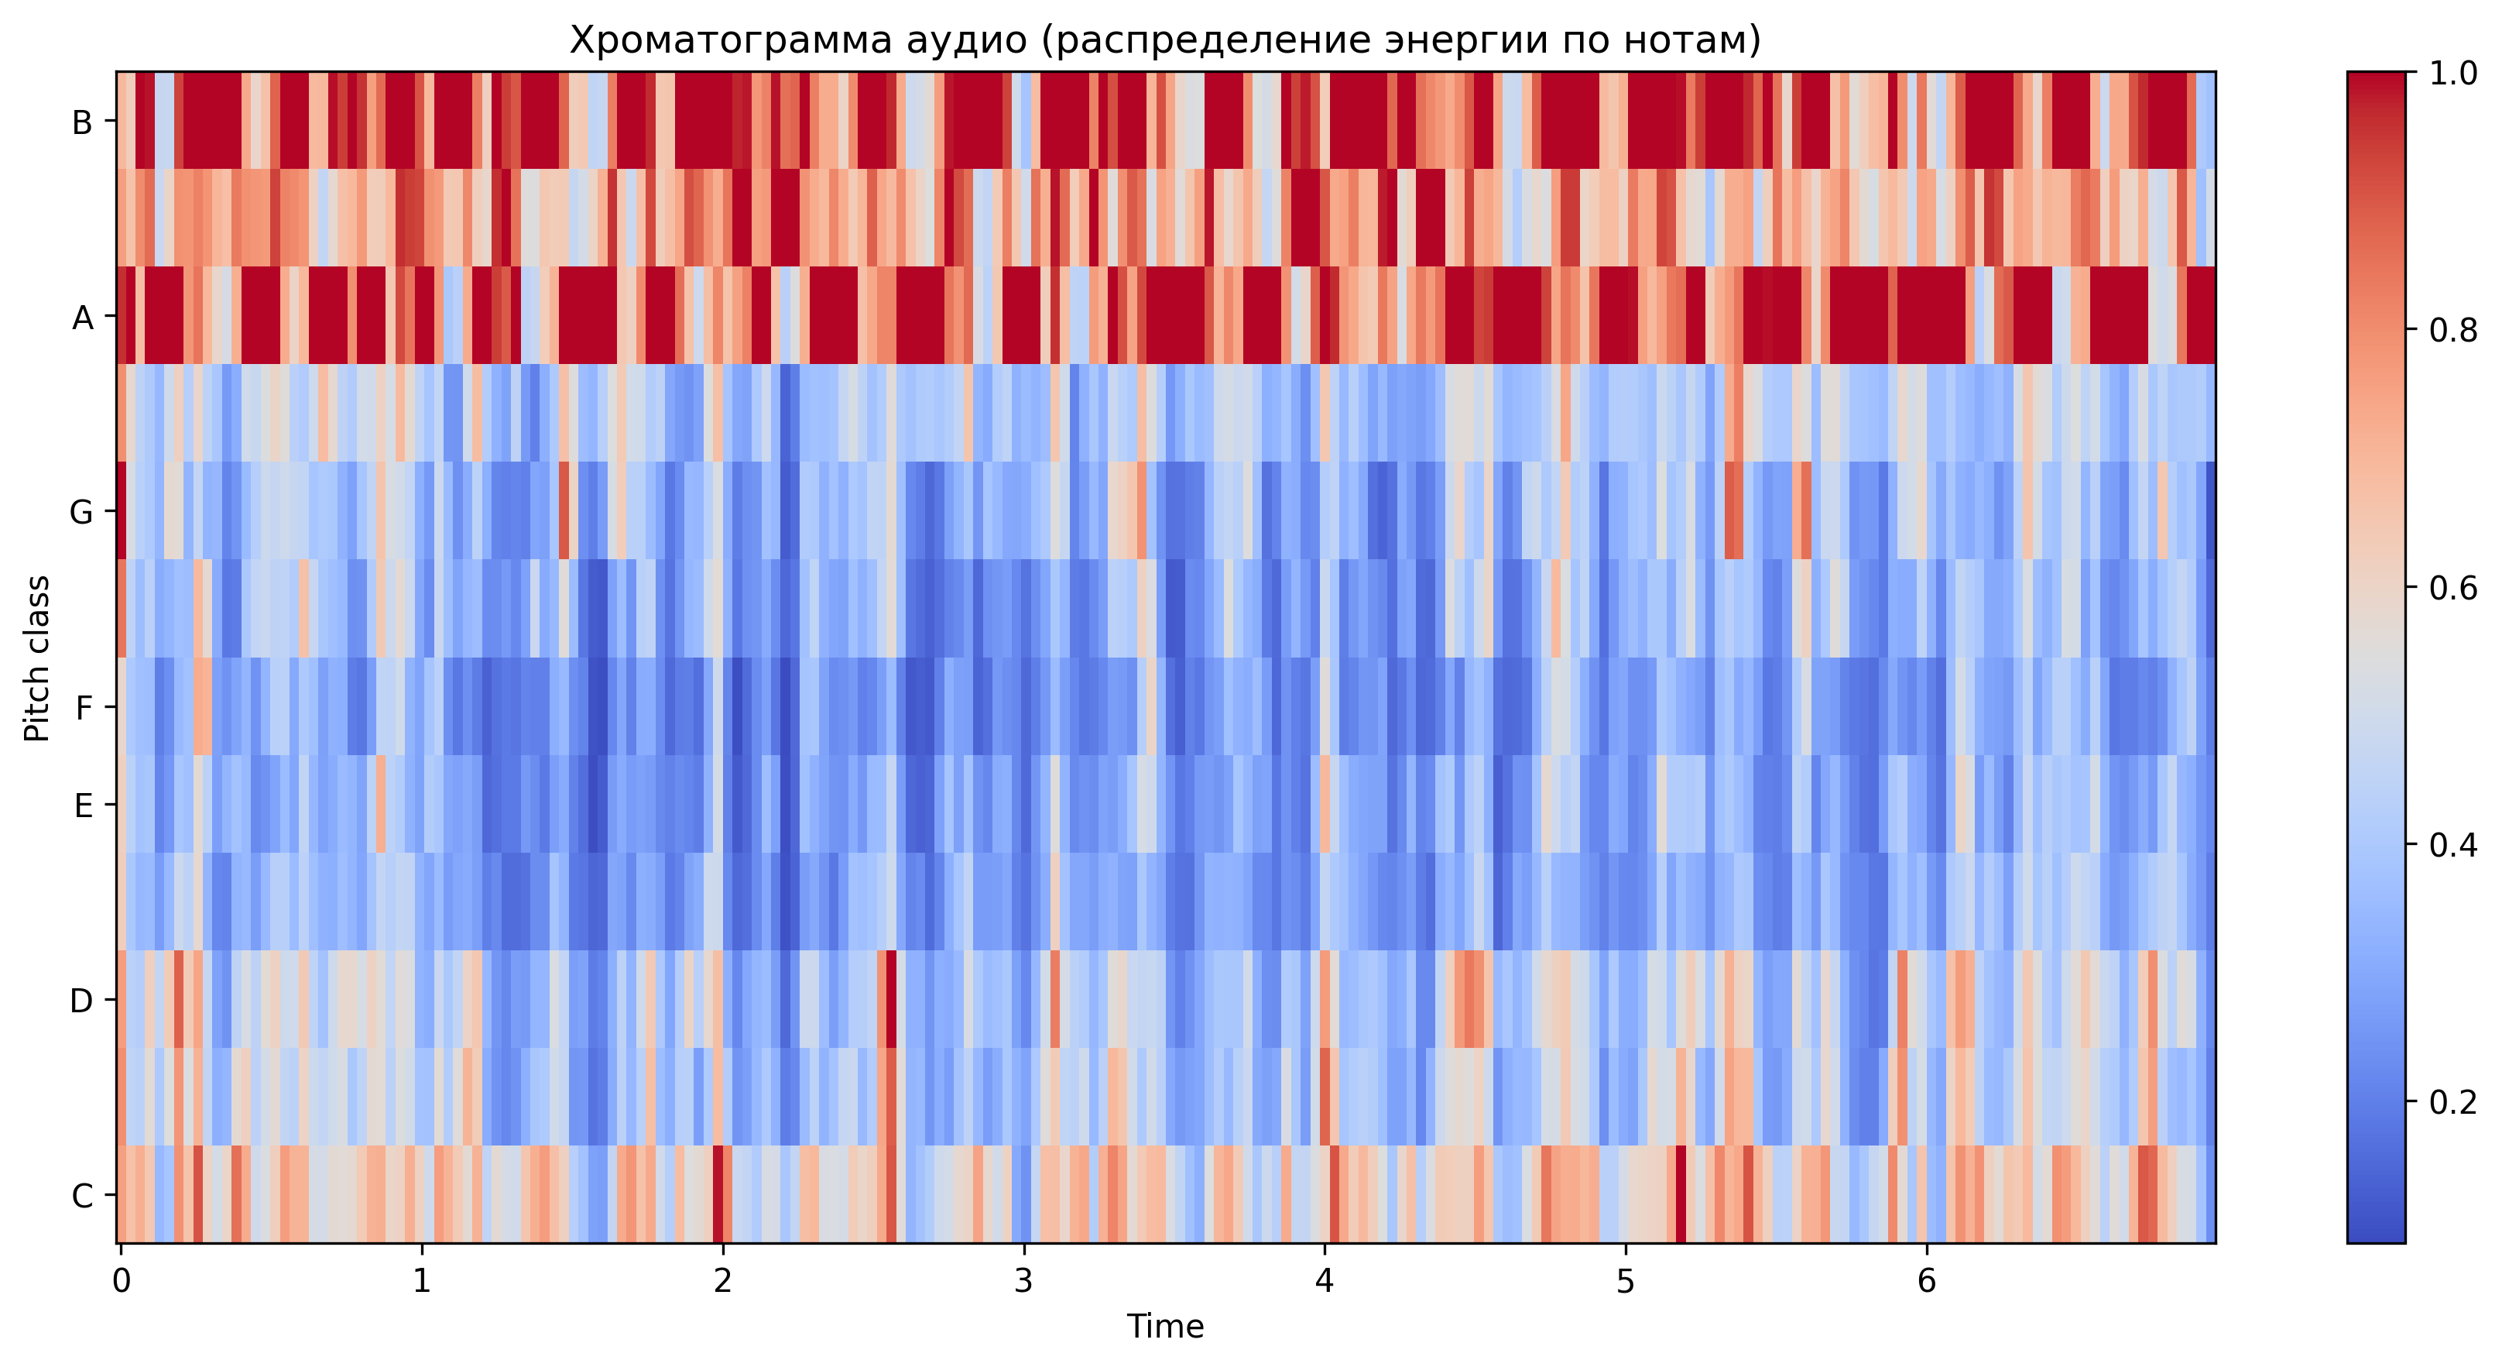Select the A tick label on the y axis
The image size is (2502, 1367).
tap(83, 318)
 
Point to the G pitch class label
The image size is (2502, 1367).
tap(81, 512)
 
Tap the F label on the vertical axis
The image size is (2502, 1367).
tap(84, 707)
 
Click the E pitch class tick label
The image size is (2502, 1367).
tap(84, 805)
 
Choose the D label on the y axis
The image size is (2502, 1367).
tap(81, 1001)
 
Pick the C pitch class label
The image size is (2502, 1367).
tap(83, 1196)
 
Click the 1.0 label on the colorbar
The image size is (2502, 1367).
tap(2452, 74)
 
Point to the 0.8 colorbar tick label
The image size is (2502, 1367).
tap(2452, 331)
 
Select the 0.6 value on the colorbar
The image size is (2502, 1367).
tap(2452, 588)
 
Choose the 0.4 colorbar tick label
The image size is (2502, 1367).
tap(2452, 844)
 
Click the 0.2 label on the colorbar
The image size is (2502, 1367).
tap(2452, 1102)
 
